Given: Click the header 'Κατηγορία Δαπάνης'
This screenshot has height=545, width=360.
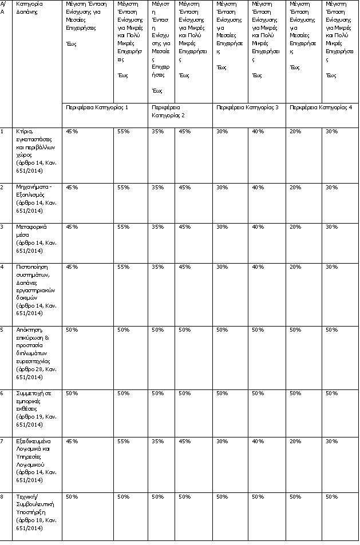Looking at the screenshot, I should pyautogui.click(x=29, y=7).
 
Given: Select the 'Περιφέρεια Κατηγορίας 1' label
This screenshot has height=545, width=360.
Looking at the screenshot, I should pyautogui.click(x=97, y=107).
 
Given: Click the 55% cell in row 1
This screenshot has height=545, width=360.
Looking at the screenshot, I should pyautogui.click(x=123, y=131).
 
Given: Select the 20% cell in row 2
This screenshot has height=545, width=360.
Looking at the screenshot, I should pyautogui.click(x=295, y=187).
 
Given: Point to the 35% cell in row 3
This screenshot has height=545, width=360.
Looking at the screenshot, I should pyautogui.click(x=157, y=226).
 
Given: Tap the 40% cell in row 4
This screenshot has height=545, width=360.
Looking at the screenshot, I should pyautogui.click(x=258, y=266).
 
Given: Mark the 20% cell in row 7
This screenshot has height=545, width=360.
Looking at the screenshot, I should pyautogui.click(x=295, y=441).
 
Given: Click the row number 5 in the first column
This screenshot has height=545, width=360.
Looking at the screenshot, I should pyautogui.click(x=2, y=329).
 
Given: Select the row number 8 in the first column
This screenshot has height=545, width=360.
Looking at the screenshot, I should pyautogui.click(x=2, y=496).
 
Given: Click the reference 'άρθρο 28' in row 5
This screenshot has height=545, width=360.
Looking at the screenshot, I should pyautogui.click(x=29, y=369).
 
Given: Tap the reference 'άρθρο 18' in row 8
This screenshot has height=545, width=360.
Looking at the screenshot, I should pyautogui.click(x=29, y=520).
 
